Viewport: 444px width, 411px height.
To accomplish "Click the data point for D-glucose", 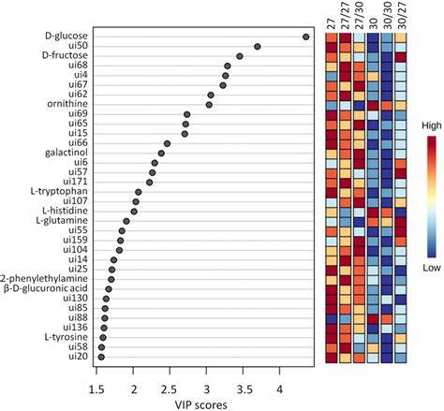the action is pyautogui.click(x=305, y=37).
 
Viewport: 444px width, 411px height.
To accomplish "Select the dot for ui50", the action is pyautogui.click(x=258, y=47).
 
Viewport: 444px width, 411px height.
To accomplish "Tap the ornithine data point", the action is pyautogui.click(x=209, y=105).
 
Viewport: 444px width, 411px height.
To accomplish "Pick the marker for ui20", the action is pyautogui.click(x=101, y=357).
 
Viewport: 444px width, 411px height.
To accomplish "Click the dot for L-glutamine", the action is pyautogui.click(x=126, y=221).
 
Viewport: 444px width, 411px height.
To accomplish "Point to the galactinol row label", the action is pyautogui.click(x=67, y=153).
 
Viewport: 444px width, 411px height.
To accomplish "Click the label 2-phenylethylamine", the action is pyautogui.click(x=44, y=278).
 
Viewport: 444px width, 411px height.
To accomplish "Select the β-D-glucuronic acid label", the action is pyautogui.click(x=46, y=288).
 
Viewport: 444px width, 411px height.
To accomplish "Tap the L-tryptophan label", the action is pyautogui.click(x=59, y=191).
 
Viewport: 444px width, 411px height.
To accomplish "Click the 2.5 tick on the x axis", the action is pyautogui.click(x=170, y=389).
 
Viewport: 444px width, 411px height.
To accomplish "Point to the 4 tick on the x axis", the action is pyautogui.click(x=280, y=389).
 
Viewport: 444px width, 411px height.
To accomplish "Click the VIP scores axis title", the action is pyautogui.click(x=200, y=404).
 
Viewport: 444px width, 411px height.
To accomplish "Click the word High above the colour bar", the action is pyautogui.click(x=432, y=125).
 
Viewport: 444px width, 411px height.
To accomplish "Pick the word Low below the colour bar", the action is pyautogui.click(x=432, y=268).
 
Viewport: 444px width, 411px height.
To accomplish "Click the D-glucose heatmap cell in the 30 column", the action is pyautogui.click(x=373, y=37).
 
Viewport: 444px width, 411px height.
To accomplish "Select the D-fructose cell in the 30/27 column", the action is pyautogui.click(x=401, y=57).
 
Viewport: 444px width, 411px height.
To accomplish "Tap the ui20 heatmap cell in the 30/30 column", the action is pyautogui.click(x=387, y=358).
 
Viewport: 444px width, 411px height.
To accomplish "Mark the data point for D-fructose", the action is pyautogui.click(x=240, y=56).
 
